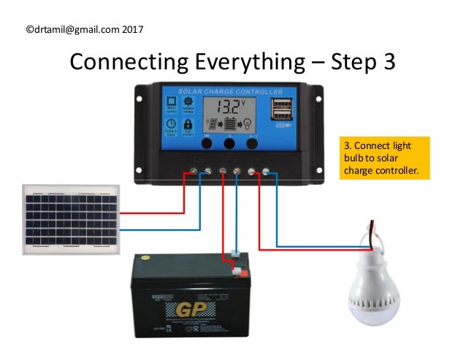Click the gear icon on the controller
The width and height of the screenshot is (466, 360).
[188, 101]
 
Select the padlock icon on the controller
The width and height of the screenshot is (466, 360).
[188, 125]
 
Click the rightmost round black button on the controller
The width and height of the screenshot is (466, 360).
[252, 143]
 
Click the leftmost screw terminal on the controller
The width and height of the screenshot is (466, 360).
[193, 171]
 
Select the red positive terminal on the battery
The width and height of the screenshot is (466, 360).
[237, 272]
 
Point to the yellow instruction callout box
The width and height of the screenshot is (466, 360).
[384, 158]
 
